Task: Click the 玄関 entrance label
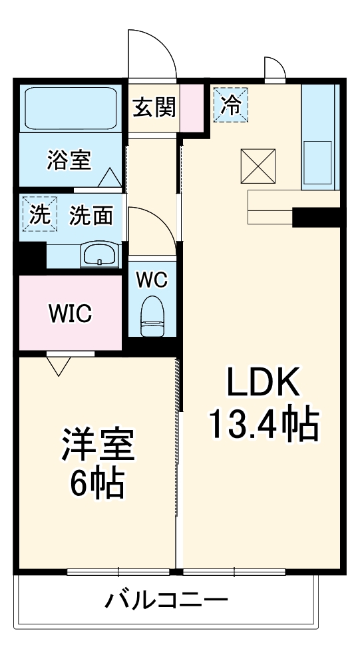pyautogui.click(x=154, y=107)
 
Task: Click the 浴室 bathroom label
pyautogui.click(x=69, y=160)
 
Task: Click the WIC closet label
pyautogui.click(x=69, y=314)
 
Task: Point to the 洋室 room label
pyautogui.click(x=98, y=445)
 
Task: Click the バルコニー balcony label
pyautogui.click(x=166, y=600)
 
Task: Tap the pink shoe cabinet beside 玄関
pyautogui.click(x=190, y=108)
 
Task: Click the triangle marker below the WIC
pyautogui.click(x=59, y=365)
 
